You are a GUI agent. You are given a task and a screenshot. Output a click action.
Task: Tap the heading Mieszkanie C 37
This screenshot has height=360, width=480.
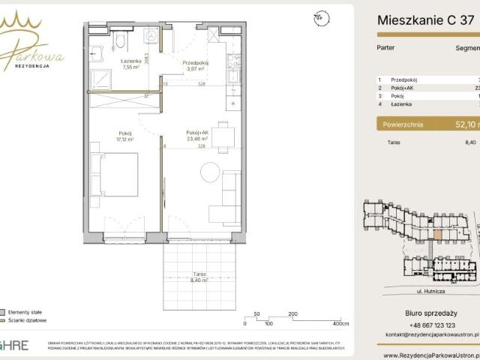click(424, 20)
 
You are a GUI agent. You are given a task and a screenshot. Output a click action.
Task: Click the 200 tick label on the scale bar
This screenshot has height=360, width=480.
click(292, 314)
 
